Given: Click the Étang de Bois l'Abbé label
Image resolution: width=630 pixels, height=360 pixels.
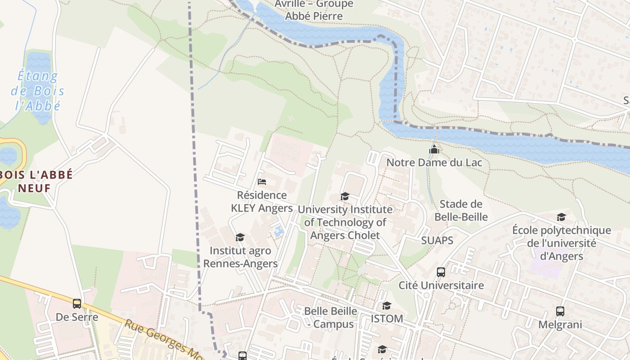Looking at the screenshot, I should [37, 91].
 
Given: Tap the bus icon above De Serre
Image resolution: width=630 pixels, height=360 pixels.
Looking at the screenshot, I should [77, 304].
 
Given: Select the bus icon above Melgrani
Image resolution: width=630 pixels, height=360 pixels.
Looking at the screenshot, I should [560, 311].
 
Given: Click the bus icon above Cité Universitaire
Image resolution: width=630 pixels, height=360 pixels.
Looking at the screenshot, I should [441, 272].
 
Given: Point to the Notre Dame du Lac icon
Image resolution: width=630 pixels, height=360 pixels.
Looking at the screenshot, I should [434, 149].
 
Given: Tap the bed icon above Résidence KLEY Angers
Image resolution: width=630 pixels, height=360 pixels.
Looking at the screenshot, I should [262, 182].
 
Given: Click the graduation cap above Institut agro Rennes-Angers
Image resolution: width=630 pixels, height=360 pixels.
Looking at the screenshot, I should [240, 238].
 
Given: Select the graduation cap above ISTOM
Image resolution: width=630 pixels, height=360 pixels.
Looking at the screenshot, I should [387, 306].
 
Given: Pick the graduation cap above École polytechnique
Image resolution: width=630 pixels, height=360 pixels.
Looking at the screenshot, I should [561, 217].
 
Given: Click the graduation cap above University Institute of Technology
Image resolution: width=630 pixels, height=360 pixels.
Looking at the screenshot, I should [345, 197].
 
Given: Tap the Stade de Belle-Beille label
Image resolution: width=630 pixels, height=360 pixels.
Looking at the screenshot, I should [461, 211].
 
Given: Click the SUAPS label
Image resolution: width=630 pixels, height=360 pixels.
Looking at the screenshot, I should [437, 240].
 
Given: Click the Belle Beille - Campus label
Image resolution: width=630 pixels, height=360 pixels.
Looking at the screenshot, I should [331, 317].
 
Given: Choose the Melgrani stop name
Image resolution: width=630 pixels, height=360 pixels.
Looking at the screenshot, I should [560, 324].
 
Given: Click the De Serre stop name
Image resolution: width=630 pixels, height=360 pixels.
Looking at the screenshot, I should [77, 317].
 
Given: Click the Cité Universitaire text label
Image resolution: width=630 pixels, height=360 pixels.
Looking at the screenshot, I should [441, 285].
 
